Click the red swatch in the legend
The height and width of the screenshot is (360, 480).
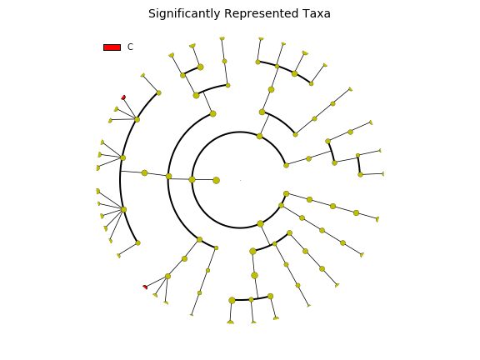[112, 47]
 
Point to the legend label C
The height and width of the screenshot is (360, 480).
[130, 47]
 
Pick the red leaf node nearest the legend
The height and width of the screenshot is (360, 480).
[123, 97]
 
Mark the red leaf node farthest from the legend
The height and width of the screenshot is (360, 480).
[145, 287]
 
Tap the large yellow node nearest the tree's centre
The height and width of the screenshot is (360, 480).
[216, 180]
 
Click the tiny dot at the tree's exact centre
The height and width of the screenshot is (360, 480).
[240, 180]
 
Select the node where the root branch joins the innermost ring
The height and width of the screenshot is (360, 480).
[192, 180]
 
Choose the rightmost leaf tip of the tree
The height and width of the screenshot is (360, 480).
[383, 174]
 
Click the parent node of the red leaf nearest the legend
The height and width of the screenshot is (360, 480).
[137, 120]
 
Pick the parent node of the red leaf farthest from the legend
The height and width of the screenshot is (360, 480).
[167, 276]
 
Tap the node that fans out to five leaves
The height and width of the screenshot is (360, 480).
[123, 210]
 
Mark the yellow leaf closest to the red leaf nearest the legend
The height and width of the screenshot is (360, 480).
[116, 109]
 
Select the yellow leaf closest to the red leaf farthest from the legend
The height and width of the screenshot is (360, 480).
[155, 295]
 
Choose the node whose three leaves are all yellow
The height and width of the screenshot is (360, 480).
[122, 158]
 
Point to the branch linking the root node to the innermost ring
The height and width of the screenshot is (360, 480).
[204, 180]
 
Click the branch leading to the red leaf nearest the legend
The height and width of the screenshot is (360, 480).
[130, 108]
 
